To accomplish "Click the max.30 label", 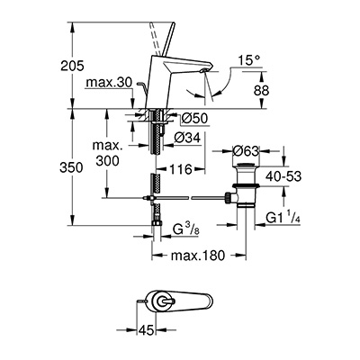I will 112,84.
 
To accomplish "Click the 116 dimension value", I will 179,167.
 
